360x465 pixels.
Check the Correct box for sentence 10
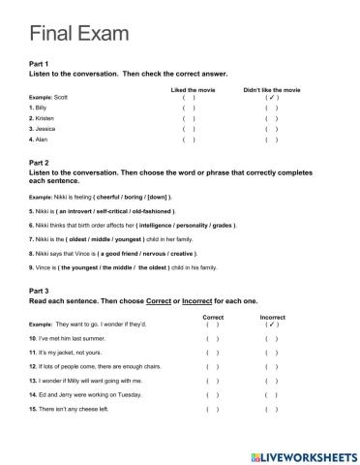[x=212, y=339]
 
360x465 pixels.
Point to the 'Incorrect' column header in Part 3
[x=272, y=317]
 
